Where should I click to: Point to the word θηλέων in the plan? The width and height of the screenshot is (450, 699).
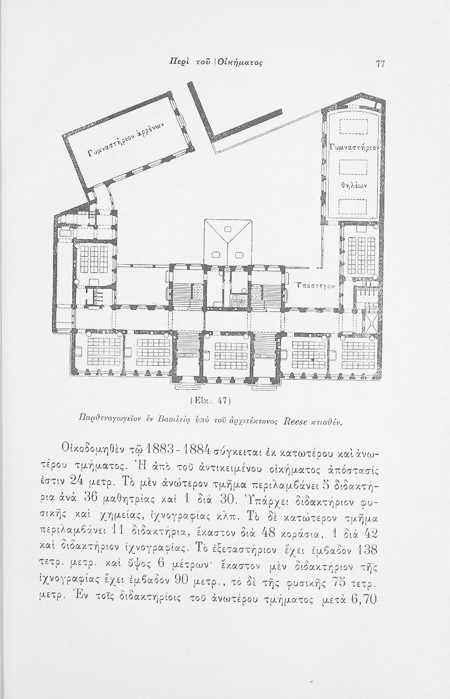point(353,185)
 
